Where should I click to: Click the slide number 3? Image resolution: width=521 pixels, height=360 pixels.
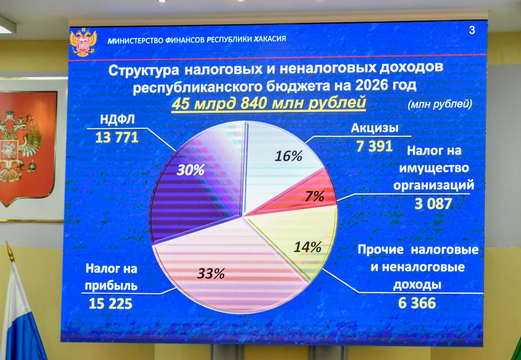472,31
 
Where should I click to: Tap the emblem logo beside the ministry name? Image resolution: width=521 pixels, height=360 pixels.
83,42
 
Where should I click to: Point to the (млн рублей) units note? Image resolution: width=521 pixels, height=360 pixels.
440,105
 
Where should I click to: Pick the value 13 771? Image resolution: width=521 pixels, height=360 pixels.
117,137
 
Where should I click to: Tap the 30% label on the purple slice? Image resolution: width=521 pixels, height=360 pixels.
190,170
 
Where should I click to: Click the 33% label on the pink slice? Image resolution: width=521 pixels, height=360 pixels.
211,274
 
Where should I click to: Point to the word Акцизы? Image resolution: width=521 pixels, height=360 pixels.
374,129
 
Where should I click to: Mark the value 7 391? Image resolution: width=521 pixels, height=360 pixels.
374,145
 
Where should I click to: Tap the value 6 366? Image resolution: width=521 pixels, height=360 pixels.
417,303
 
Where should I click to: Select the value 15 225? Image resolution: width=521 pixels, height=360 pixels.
111,303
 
